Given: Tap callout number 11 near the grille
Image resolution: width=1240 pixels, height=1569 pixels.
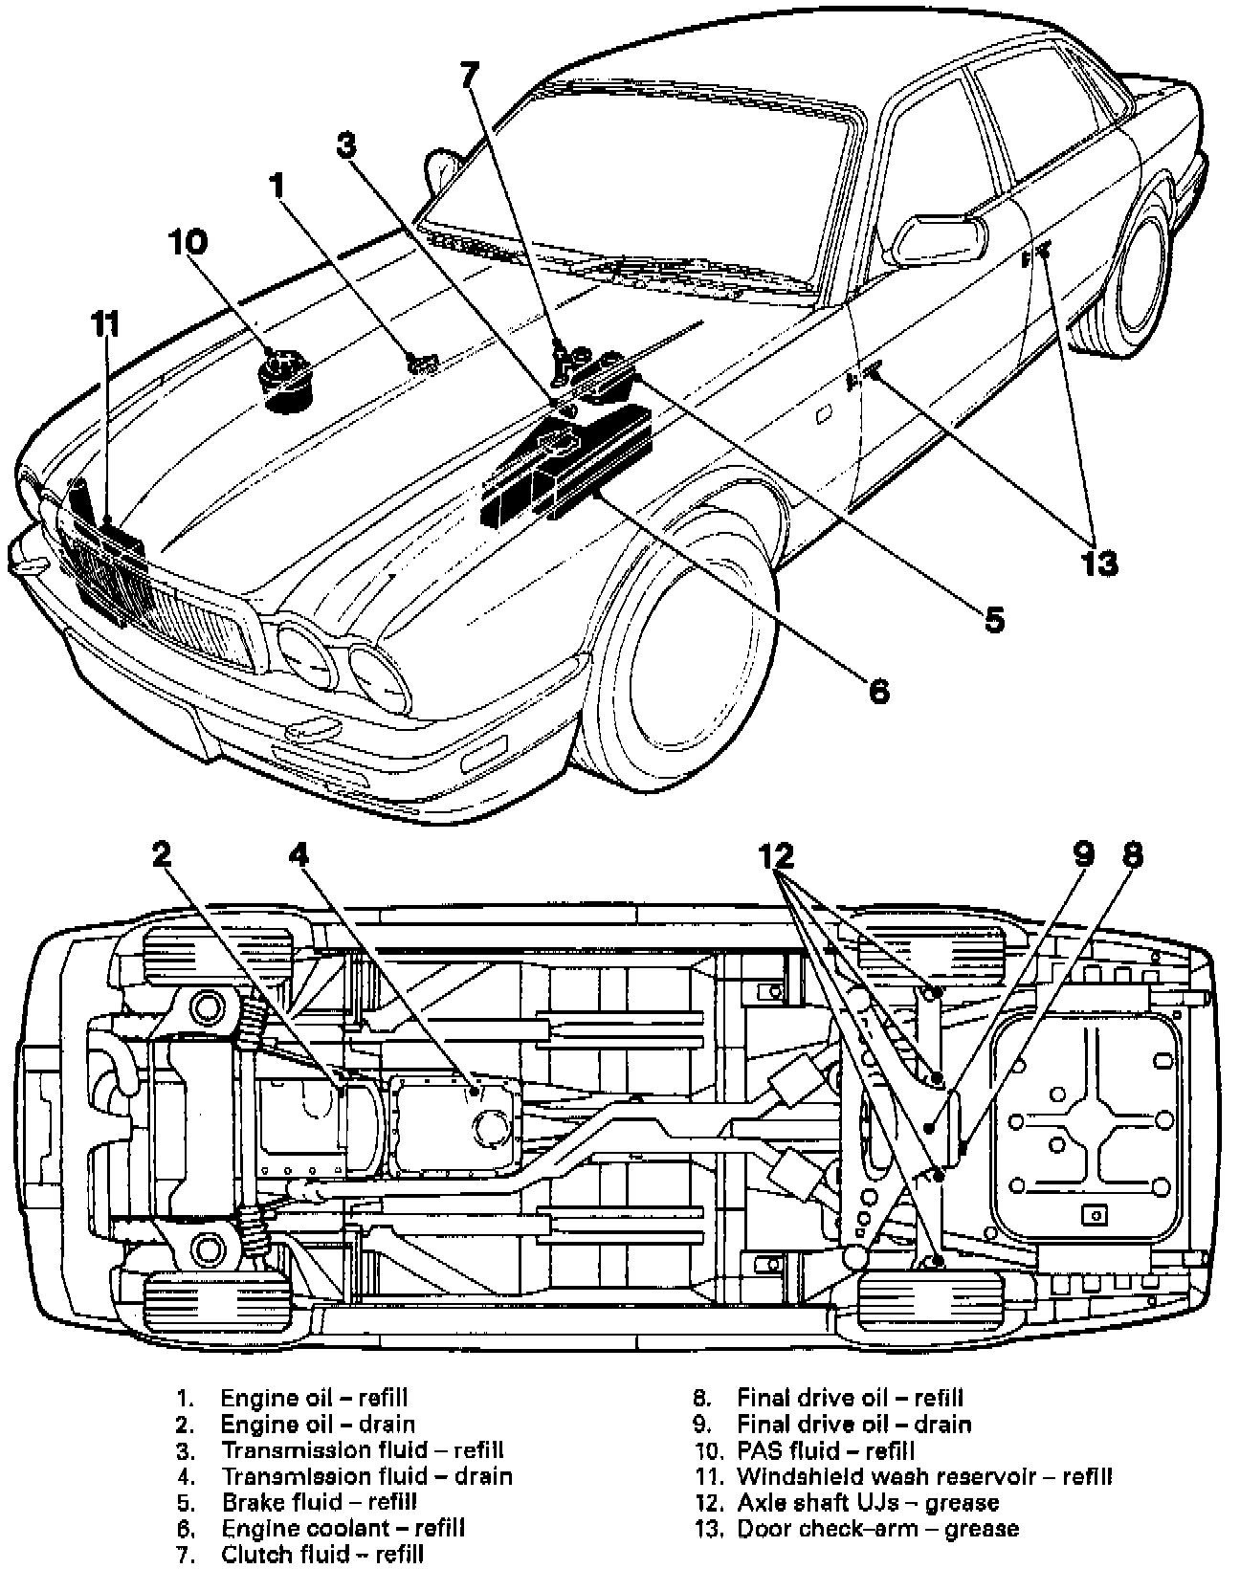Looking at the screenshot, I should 105,324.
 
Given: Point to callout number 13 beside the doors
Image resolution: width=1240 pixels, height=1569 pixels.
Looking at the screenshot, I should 1099,564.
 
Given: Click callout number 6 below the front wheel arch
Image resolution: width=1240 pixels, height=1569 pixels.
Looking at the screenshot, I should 878,690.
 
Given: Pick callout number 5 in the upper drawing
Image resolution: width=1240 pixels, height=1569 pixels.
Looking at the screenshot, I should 994,619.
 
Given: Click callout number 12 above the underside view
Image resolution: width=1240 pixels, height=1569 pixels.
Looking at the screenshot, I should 779,854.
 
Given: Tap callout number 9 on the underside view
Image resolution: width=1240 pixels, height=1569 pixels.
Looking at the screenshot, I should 1082,854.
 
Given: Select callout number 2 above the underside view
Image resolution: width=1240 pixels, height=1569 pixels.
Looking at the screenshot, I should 163,852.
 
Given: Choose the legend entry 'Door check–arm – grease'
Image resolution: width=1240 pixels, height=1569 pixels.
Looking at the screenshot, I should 877,1529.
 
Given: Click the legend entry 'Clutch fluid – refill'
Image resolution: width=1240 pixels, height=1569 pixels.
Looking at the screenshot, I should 322,1555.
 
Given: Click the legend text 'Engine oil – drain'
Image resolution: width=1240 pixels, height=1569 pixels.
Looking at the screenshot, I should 318,1425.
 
